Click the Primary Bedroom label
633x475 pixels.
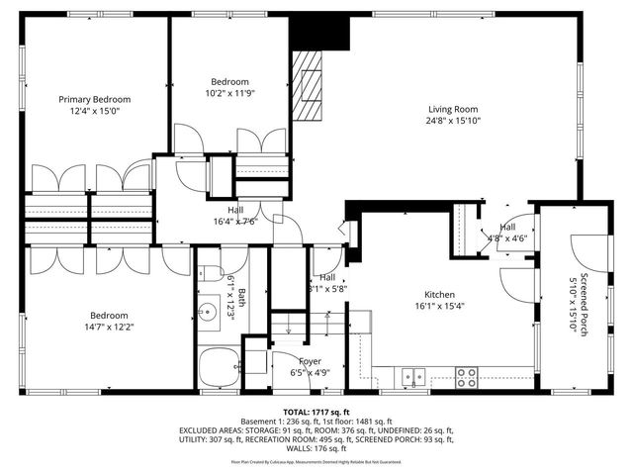coord(94,99)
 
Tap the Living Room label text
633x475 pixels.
coord(453,109)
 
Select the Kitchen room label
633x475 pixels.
coord(439,295)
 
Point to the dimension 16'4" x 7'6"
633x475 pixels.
coord(235,222)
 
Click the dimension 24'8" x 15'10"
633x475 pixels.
coord(453,121)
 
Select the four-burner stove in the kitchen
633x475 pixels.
coord(466,375)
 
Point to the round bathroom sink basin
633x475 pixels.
coord(208,315)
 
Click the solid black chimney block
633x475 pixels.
coord(335,32)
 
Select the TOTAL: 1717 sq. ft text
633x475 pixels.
coord(316,411)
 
